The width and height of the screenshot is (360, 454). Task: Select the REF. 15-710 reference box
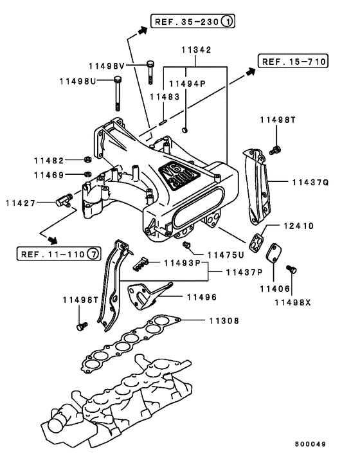pos(293,62)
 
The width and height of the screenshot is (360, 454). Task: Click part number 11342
pos(195,50)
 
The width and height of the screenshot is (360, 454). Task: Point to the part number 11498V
pos(111,66)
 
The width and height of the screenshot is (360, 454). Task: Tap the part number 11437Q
pos(310,183)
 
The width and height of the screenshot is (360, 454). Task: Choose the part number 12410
pos(298,226)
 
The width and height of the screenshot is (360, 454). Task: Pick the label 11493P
pos(181,262)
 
